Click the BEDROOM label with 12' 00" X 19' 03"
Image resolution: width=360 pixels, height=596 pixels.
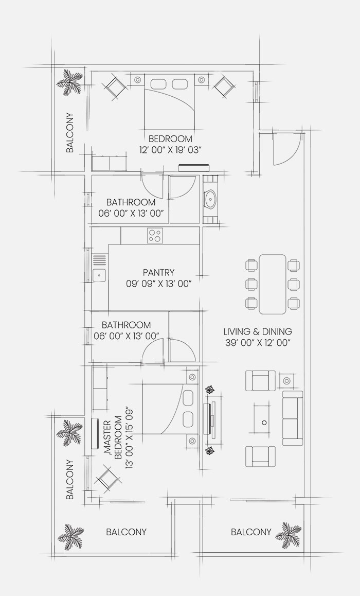(x=170, y=139)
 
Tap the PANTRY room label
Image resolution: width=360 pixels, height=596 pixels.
(x=159, y=273)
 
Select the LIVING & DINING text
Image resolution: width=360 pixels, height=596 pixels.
(x=258, y=331)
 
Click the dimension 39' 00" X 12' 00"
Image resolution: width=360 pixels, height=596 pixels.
(x=258, y=342)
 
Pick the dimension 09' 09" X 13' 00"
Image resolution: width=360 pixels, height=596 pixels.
(x=159, y=284)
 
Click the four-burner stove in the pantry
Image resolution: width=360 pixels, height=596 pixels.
(x=155, y=235)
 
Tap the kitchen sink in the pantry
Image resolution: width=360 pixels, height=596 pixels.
(x=99, y=274)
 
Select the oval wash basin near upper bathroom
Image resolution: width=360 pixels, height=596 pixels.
(x=210, y=199)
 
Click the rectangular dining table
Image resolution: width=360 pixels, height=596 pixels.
(x=272, y=284)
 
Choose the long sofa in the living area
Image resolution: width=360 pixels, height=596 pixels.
(x=293, y=418)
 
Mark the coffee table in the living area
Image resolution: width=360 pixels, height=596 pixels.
(x=263, y=419)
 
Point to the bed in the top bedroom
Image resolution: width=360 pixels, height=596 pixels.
(x=169, y=103)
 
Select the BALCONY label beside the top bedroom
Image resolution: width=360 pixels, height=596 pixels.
(x=70, y=133)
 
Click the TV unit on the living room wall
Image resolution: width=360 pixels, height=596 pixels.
(x=210, y=419)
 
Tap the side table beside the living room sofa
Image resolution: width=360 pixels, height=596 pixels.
(x=286, y=380)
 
